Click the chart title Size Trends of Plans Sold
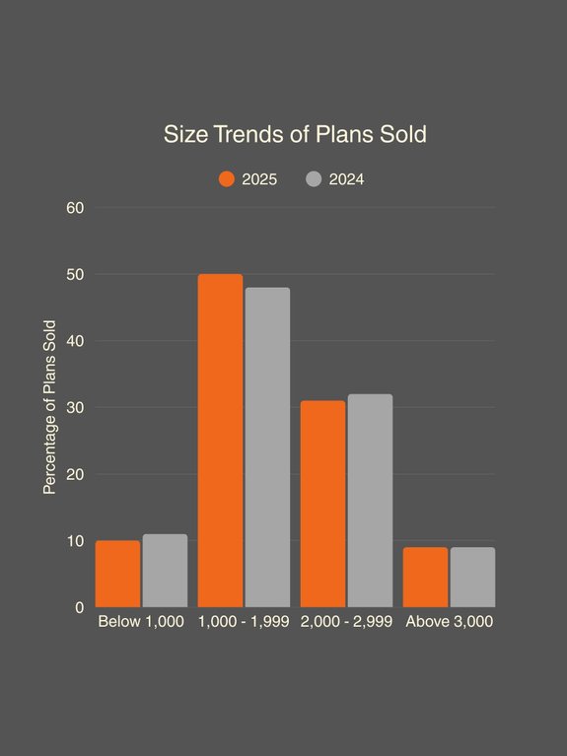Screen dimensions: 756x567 pos(295,134)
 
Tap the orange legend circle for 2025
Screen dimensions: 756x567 pos(227,179)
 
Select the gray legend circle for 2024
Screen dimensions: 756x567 pos(314,179)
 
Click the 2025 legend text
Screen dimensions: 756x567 pos(259,179)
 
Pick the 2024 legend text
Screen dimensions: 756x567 pos(346,179)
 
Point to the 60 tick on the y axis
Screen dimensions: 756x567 pos(76,208)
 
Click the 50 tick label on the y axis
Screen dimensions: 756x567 pos(76,274)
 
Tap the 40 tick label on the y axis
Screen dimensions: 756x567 pos(76,341)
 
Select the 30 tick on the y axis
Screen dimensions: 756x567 pos(76,407)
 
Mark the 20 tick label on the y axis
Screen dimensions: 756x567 pos(76,474)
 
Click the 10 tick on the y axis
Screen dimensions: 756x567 pos(76,541)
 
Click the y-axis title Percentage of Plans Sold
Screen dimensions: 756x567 pos(49,407)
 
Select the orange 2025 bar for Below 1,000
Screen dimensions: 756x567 pos(117,574)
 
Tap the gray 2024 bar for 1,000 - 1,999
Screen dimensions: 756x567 pos(267,447)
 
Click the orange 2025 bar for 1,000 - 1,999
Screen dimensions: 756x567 pos(220,441)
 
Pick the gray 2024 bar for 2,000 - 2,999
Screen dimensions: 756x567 pos(370,501)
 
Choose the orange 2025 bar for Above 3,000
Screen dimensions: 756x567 pos(425,578)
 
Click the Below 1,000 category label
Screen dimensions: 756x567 pos(141,622)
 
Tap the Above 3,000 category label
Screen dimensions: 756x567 pos(449,622)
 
